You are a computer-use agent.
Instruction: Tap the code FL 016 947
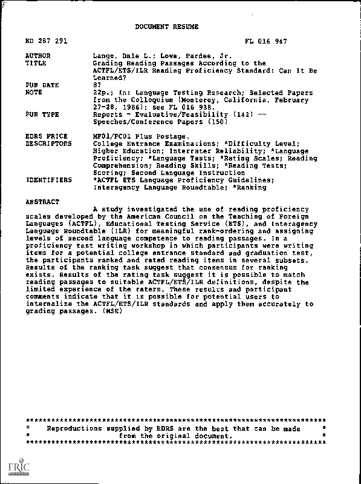[x=265, y=42]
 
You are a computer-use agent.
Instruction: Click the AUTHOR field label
[x=39, y=56]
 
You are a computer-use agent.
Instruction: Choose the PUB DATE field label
[x=42, y=85]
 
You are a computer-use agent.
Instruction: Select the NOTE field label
[x=35, y=92]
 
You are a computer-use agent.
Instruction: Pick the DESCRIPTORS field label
[x=48, y=144]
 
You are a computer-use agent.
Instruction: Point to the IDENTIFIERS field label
[x=48, y=180]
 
